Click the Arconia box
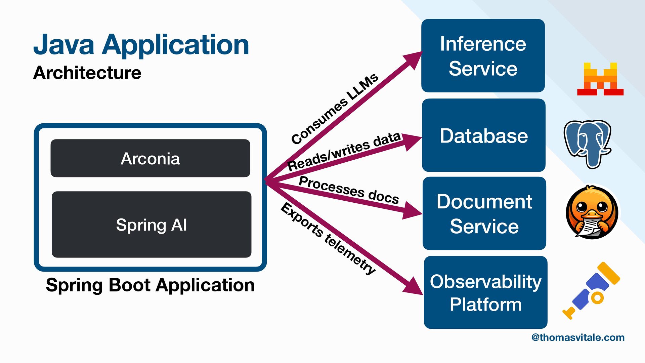pos(150,158)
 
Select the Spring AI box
pos(152,225)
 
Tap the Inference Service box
pos(483,56)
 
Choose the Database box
pos(483,135)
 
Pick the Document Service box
pos(484,213)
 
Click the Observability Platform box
pos(485,292)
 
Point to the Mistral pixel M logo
pos(600,79)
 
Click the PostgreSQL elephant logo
pos(588,144)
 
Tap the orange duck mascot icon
pos(592,212)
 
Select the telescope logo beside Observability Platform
pos(591,290)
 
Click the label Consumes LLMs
pos(335,109)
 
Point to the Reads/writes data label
pos(344,151)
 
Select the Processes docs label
pos(349,190)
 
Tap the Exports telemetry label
pos(328,238)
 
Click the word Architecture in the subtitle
pos(87,73)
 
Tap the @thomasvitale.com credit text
pos(578,337)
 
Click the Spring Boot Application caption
pos(150,285)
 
